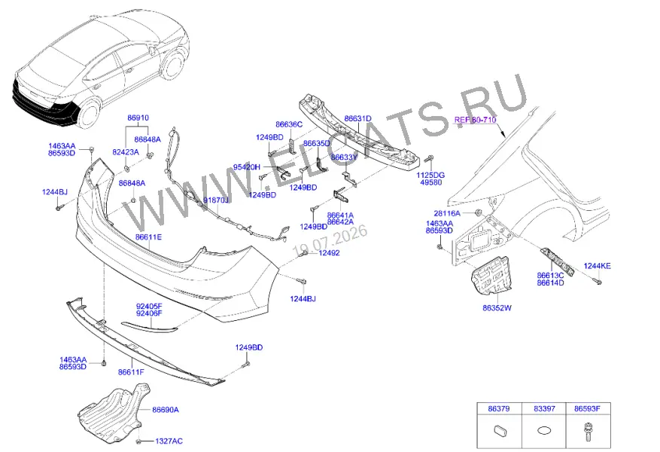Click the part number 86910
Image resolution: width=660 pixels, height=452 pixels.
coord(138,118)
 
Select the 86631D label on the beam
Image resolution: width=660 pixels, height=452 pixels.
coord(357,119)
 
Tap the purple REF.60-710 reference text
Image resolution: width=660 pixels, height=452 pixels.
coord(475,120)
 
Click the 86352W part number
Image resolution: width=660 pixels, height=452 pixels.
coord(497,308)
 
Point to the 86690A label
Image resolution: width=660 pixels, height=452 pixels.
coord(166,410)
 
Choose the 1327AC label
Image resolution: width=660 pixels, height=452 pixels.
coord(169,441)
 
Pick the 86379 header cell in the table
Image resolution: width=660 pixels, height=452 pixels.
coord(499,408)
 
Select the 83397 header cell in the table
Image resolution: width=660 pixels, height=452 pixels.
coord(544,408)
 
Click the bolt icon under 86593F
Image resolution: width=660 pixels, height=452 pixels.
coord(588,432)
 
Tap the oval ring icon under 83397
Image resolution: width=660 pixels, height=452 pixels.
coord(544,431)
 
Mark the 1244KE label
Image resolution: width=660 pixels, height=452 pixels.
coord(597,266)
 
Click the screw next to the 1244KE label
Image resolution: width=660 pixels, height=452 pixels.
coord(598,280)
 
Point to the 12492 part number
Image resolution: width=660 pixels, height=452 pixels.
coord(329,253)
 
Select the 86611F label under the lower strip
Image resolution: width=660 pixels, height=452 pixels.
coord(131,372)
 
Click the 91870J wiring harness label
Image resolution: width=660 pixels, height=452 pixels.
coord(215,200)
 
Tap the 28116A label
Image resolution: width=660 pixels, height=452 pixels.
coord(447,214)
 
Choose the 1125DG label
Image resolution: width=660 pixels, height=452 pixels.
coord(430,175)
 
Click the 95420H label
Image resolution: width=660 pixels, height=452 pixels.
coord(247,167)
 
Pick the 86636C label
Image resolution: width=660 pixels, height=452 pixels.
coord(289,124)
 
